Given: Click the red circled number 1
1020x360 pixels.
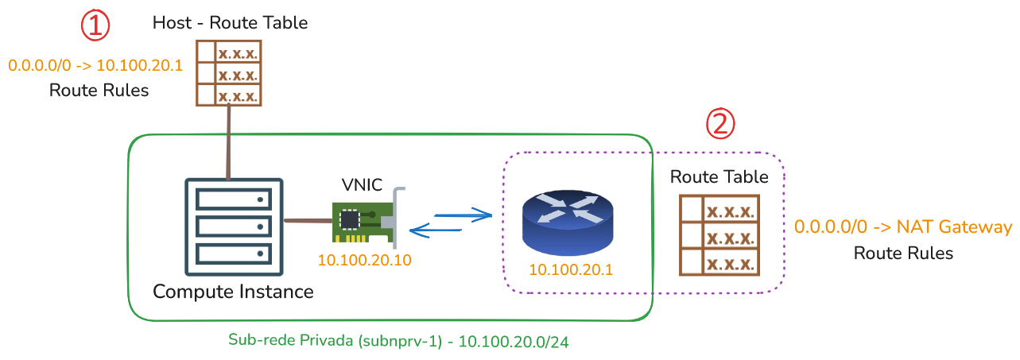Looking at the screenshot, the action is [x=95, y=25].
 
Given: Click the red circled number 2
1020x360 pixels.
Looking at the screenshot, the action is [x=720, y=123].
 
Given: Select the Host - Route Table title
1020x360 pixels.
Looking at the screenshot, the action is [x=230, y=23].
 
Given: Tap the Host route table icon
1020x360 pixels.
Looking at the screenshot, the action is [x=229, y=73].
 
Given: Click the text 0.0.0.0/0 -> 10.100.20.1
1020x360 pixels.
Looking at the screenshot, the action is [x=95, y=65].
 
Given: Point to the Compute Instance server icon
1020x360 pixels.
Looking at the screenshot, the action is [x=234, y=226].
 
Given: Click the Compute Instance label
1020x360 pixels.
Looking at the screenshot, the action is [x=233, y=292].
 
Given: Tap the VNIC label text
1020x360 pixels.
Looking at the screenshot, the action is [x=362, y=185].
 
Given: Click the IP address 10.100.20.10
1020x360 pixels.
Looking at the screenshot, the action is [x=364, y=260].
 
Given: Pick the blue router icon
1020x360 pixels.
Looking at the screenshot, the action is [x=568, y=222].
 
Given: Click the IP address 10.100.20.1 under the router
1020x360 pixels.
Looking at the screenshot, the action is [x=571, y=269].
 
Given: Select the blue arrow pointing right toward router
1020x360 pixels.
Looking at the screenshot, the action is [x=463, y=215].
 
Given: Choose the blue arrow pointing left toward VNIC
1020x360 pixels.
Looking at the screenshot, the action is [x=436, y=230].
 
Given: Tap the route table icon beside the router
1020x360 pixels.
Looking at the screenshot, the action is [x=719, y=235].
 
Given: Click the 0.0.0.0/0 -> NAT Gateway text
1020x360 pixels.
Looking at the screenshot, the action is [x=903, y=226].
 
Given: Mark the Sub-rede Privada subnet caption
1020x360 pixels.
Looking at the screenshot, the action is [x=398, y=341].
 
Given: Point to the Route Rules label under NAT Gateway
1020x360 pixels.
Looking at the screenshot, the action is [x=903, y=253].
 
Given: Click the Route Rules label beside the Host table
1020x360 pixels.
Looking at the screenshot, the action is [x=99, y=90].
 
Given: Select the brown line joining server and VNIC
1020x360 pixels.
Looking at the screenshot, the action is [x=308, y=221].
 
